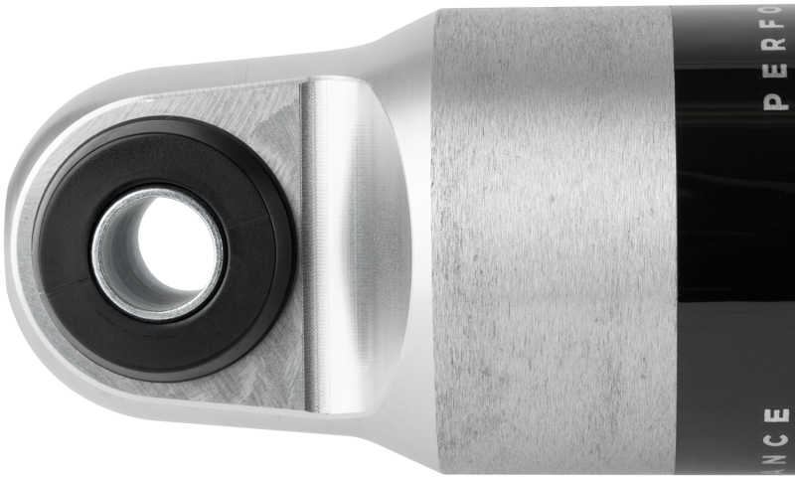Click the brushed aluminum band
coord(552,239)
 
